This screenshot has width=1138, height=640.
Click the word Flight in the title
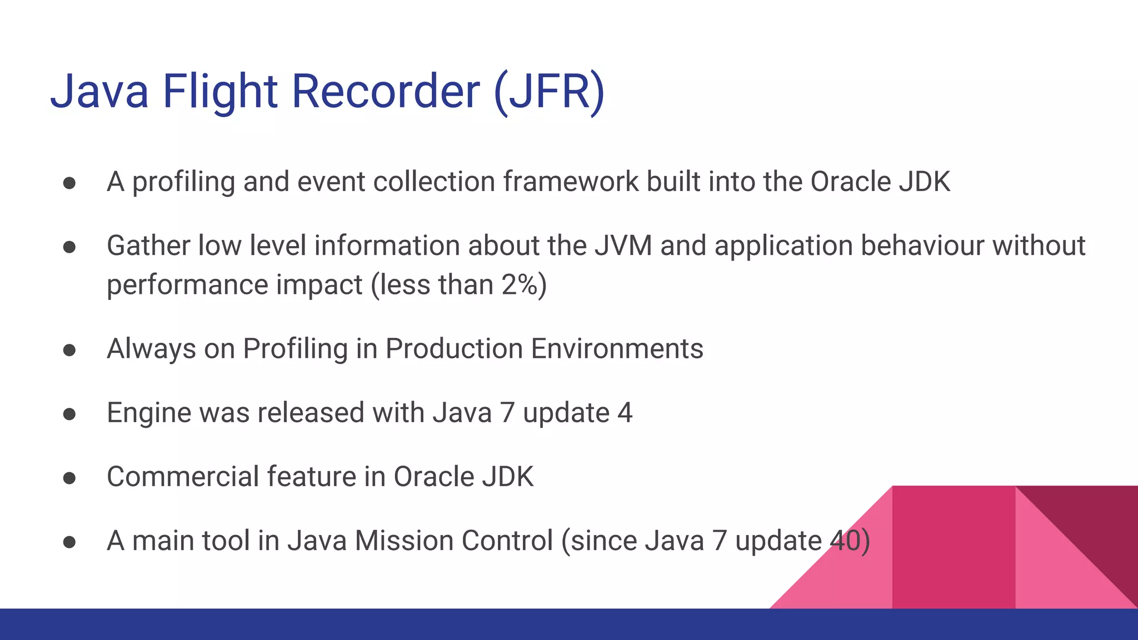(219, 91)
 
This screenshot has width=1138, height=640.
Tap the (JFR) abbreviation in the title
(549, 91)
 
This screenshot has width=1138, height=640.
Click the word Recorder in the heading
(386, 91)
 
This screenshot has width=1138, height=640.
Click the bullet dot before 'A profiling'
(69, 183)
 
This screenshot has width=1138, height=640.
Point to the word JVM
(623, 246)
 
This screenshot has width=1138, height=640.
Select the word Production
(454, 349)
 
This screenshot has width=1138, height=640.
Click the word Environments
(617, 349)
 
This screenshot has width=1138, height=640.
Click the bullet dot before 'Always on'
(69, 350)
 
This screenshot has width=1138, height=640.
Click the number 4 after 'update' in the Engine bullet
(625, 413)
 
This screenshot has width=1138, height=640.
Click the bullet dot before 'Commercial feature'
(69, 478)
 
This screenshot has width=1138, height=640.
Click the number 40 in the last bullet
(845, 541)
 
